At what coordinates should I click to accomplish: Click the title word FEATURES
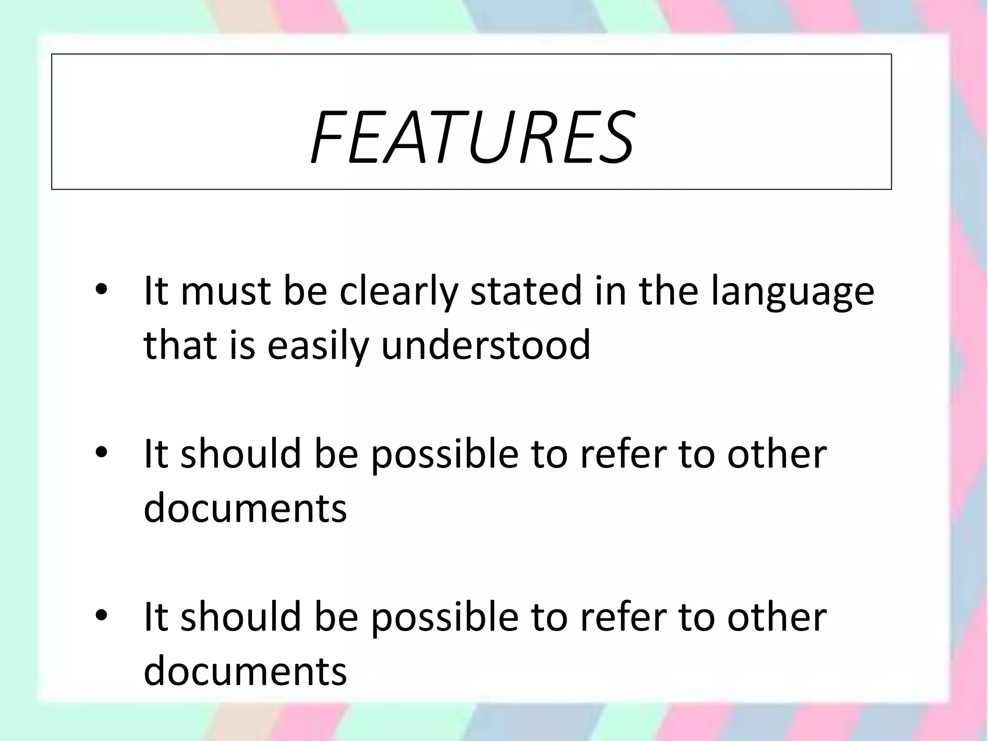(471, 138)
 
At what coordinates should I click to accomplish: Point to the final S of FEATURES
(613, 138)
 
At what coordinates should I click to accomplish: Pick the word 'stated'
(526, 291)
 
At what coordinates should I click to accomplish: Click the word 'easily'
(317, 345)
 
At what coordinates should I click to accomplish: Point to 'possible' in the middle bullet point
(445, 454)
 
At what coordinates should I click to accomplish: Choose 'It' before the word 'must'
(155, 291)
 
